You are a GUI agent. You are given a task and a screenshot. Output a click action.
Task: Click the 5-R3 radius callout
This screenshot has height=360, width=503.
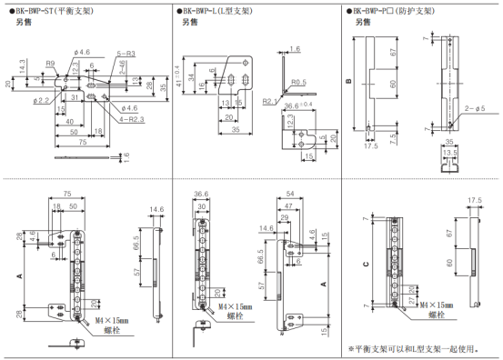coord(126,55)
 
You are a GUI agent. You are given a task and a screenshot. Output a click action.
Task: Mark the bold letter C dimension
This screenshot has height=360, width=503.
coord(365,265)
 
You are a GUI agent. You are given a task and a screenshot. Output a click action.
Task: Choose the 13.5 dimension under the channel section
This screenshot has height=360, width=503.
coord(448,153)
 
